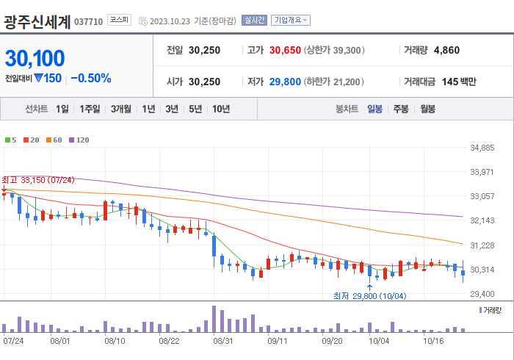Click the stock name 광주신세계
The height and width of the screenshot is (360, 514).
(37, 21)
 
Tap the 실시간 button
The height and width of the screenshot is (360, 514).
(254, 21)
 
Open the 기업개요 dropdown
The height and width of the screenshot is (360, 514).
(291, 21)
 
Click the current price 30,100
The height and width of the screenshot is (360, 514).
(35, 58)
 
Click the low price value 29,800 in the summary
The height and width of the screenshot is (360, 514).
(285, 82)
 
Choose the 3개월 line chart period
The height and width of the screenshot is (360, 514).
(121, 109)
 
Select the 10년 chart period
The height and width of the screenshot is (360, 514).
(220, 109)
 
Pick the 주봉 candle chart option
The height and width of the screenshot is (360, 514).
(400, 109)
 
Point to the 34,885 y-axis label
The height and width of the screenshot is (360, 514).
(482, 148)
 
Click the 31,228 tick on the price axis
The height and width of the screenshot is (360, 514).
(482, 245)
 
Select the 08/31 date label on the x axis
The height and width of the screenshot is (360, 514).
(223, 341)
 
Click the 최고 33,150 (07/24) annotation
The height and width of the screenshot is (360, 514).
(38, 180)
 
